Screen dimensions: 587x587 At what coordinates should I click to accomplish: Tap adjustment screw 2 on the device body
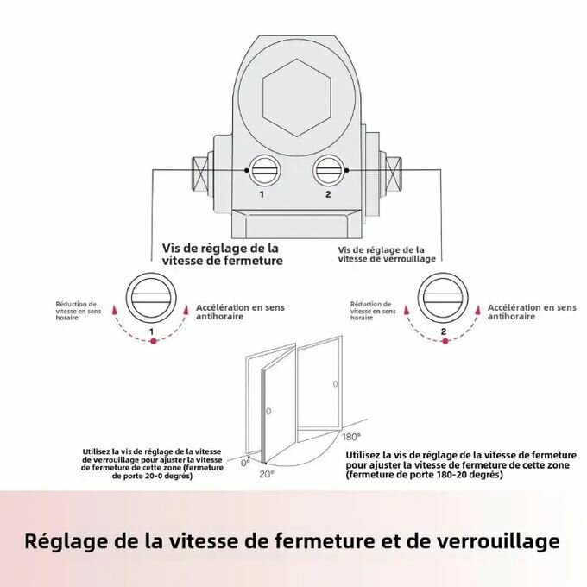point(328,171)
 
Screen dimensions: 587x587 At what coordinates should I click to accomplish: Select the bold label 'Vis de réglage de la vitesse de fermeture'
point(222,254)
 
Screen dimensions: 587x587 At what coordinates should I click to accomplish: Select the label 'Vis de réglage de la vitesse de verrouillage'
point(387,253)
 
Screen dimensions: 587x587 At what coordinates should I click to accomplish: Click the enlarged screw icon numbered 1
point(152,299)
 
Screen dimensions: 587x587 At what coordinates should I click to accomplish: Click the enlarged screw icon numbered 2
point(443,299)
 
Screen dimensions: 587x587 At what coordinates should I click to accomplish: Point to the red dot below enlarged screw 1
point(153,342)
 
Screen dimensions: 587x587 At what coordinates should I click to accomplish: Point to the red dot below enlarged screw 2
point(444,342)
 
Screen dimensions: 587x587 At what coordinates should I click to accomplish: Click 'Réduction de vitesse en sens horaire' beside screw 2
point(373,311)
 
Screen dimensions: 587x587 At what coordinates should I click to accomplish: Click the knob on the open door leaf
point(268,410)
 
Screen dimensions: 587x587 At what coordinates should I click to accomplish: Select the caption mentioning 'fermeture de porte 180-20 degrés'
point(461,464)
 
